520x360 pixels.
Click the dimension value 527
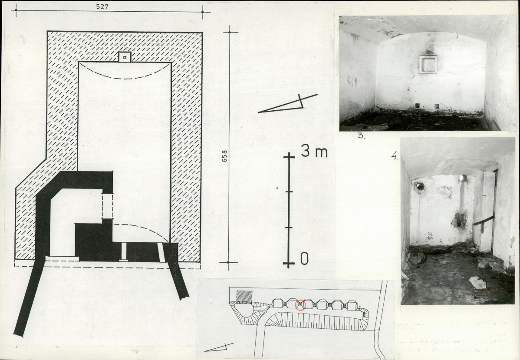pyautogui.click(x=102, y=7)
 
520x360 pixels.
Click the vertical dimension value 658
pyautogui.click(x=224, y=156)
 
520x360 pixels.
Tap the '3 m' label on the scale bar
pyautogui.click(x=314, y=152)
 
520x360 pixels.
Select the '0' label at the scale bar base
pyautogui.click(x=304, y=259)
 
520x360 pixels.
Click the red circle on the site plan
pyautogui.click(x=300, y=304)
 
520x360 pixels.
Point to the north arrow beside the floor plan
pyautogui.click(x=287, y=103)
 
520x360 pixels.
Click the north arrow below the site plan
pyautogui.click(x=216, y=348)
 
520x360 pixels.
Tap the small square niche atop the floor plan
pyautogui.click(x=125, y=57)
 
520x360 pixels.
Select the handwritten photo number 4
pyautogui.click(x=395, y=155)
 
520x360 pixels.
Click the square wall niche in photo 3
pyautogui.click(x=428, y=64)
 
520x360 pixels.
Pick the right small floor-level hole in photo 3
pyautogui.click(x=437, y=106)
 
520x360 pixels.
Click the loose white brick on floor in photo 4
pyautogui.click(x=477, y=282)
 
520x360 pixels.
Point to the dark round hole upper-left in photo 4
pyautogui.click(x=420, y=185)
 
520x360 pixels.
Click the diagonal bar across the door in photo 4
pyautogui.click(x=484, y=220)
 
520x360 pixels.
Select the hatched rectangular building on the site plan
pyautogui.click(x=244, y=296)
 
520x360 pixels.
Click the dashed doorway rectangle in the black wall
pyautogui.click(x=107, y=206)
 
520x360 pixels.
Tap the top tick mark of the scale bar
pyautogui.click(x=289, y=156)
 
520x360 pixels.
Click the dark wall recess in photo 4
pyautogui.click(x=459, y=220)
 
